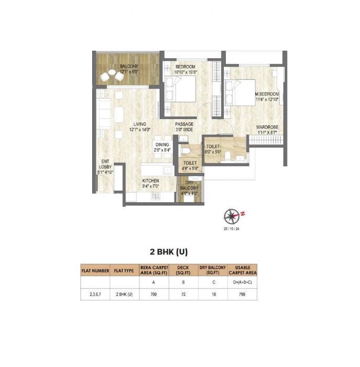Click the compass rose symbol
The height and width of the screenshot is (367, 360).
point(231,215)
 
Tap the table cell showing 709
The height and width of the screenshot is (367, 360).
point(154,295)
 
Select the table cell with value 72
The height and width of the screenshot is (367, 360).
point(183,295)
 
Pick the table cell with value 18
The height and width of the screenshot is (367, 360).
point(213,295)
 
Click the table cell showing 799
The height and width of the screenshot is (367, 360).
point(242,295)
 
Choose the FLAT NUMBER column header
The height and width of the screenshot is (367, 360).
point(95,271)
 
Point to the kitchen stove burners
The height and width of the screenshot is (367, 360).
point(156,196)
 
